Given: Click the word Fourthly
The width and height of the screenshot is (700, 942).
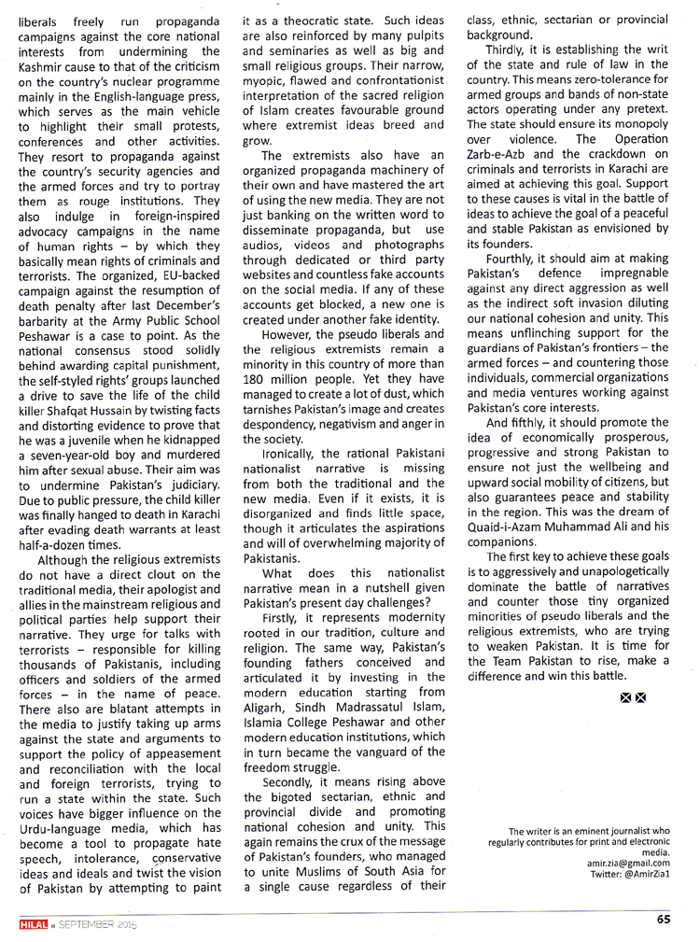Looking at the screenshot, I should [514, 259].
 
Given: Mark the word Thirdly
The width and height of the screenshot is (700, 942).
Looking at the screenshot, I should [511, 49].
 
